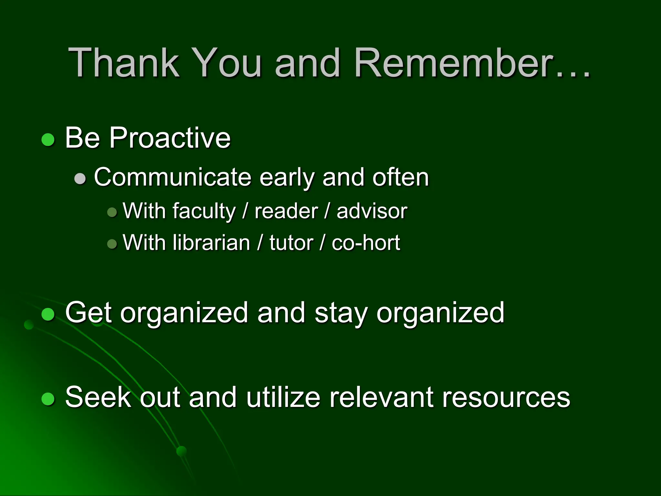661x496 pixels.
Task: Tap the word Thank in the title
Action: coord(124,63)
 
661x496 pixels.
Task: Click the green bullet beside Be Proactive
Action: coord(48,139)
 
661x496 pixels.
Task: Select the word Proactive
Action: coord(170,138)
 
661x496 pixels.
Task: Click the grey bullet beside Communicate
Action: coord(80,178)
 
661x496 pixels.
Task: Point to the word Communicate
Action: coord(173,177)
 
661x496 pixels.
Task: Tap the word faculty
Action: coord(204,212)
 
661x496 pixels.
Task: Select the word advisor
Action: coord(372,212)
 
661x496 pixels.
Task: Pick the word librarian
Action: coord(211,243)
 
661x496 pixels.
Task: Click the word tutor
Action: coord(291,243)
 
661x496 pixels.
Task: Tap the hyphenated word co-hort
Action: coord(366,243)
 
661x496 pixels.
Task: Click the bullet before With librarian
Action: coord(112,243)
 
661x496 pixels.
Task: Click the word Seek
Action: coord(98,397)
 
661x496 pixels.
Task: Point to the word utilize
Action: coord(283,397)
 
